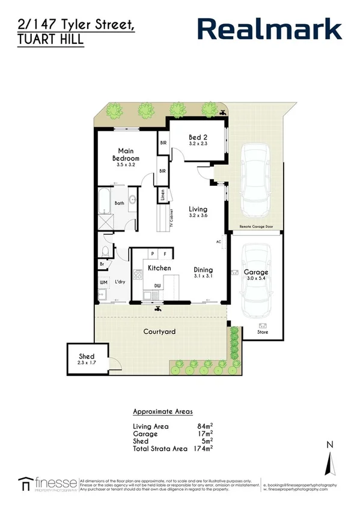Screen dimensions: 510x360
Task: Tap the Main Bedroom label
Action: [x=126, y=155]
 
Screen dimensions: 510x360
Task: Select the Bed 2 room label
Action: [x=198, y=138]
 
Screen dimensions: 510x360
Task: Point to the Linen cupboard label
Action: [x=162, y=195]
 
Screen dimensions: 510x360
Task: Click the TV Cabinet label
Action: [x=171, y=218]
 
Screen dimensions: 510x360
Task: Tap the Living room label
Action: [x=198, y=208]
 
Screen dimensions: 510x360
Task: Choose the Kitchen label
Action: [x=159, y=268]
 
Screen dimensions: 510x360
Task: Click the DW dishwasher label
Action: [x=157, y=286]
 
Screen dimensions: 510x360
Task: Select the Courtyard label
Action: [x=159, y=331]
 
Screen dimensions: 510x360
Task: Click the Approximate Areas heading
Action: [x=162, y=412]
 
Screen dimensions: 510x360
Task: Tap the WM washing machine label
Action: [x=103, y=281]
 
